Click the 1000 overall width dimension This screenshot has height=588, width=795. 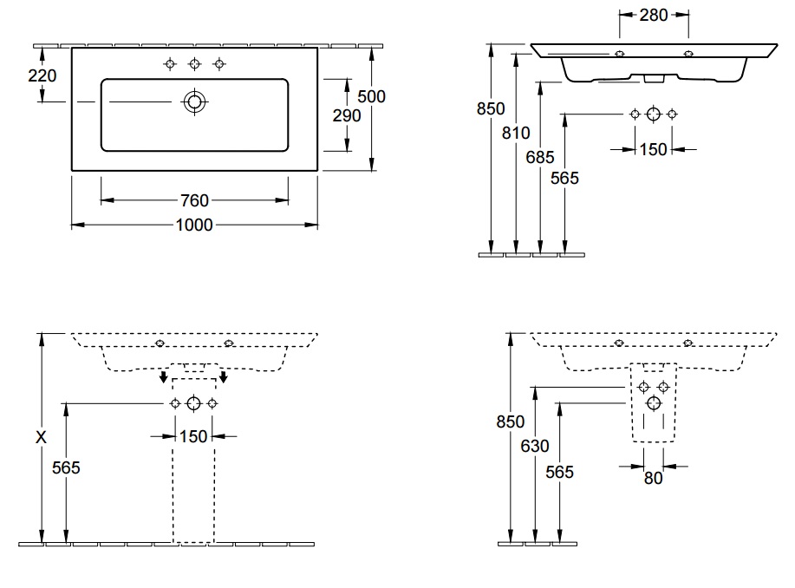[x=194, y=225]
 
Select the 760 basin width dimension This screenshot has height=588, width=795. [x=195, y=200]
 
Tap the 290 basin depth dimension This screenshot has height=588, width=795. [x=347, y=115]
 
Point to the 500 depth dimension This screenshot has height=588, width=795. [x=371, y=96]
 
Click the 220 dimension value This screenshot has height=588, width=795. [x=42, y=75]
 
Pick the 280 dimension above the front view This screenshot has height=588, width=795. [x=654, y=16]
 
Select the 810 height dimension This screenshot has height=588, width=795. [x=516, y=133]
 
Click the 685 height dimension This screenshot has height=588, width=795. [x=540, y=157]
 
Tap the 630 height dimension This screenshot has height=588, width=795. [x=535, y=446]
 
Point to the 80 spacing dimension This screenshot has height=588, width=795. [x=653, y=478]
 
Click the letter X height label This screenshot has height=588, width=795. [x=41, y=437]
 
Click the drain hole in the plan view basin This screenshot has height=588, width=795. [x=194, y=102]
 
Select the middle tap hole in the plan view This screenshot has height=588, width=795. [x=195, y=64]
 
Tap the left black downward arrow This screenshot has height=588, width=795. [x=163, y=376]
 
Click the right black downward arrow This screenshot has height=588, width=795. [x=223, y=376]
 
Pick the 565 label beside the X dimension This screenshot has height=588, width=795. [x=66, y=467]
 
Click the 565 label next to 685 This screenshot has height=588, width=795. [x=564, y=178]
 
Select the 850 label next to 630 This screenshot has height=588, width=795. [x=510, y=421]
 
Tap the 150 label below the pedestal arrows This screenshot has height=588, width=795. [x=193, y=436]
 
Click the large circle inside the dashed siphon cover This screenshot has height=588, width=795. [x=654, y=403]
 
